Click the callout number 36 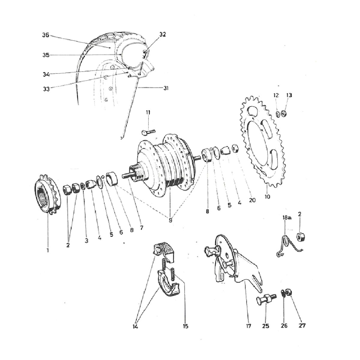tap(46, 35)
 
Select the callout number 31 tap(166, 88)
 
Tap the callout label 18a tap(286, 217)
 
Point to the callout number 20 tap(252, 200)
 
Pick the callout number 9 tap(170, 220)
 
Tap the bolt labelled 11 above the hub tap(148, 132)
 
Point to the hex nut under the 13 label tap(283, 113)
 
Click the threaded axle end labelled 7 tap(128, 175)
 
